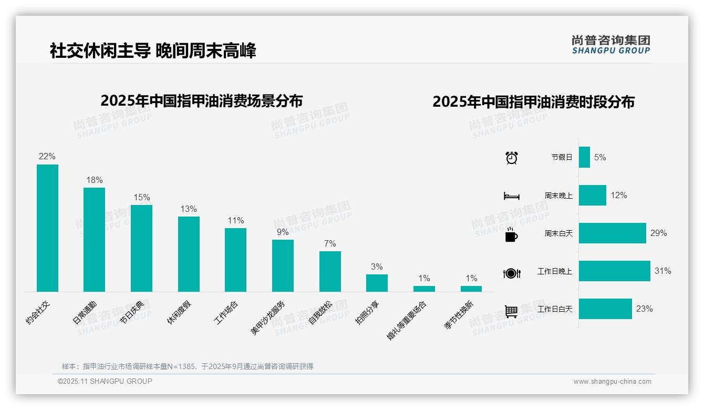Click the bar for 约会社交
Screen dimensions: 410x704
(x=47, y=228)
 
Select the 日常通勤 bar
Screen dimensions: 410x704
(x=94, y=239)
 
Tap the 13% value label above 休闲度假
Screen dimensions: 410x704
(x=189, y=209)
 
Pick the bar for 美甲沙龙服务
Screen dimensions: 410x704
(x=283, y=265)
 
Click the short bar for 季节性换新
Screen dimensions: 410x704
(x=471, y=289)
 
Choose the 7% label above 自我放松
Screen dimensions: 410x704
(x=330, y=244)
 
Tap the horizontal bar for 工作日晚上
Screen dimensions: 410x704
(x=614, y=271)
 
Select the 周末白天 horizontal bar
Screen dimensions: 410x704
(x=612, y=233)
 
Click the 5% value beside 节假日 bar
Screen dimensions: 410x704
(x=600, y=158)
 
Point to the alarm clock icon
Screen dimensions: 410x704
(x=512, y=158)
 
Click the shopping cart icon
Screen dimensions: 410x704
(x=511, y=311)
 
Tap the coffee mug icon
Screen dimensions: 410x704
(x=511, y=234)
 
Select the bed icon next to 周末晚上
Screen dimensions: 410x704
(x=511, y=196)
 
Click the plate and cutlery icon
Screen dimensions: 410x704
(x=511, y=273)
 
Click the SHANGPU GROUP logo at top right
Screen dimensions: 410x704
(x=610, y=45)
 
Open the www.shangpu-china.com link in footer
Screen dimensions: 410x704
(x=612, y=382)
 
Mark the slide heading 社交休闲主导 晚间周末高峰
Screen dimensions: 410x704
(x=153, y=51)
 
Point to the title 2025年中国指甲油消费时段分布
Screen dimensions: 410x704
(x=533, y=102)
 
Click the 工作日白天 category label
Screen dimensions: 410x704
(x=555, y=309)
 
